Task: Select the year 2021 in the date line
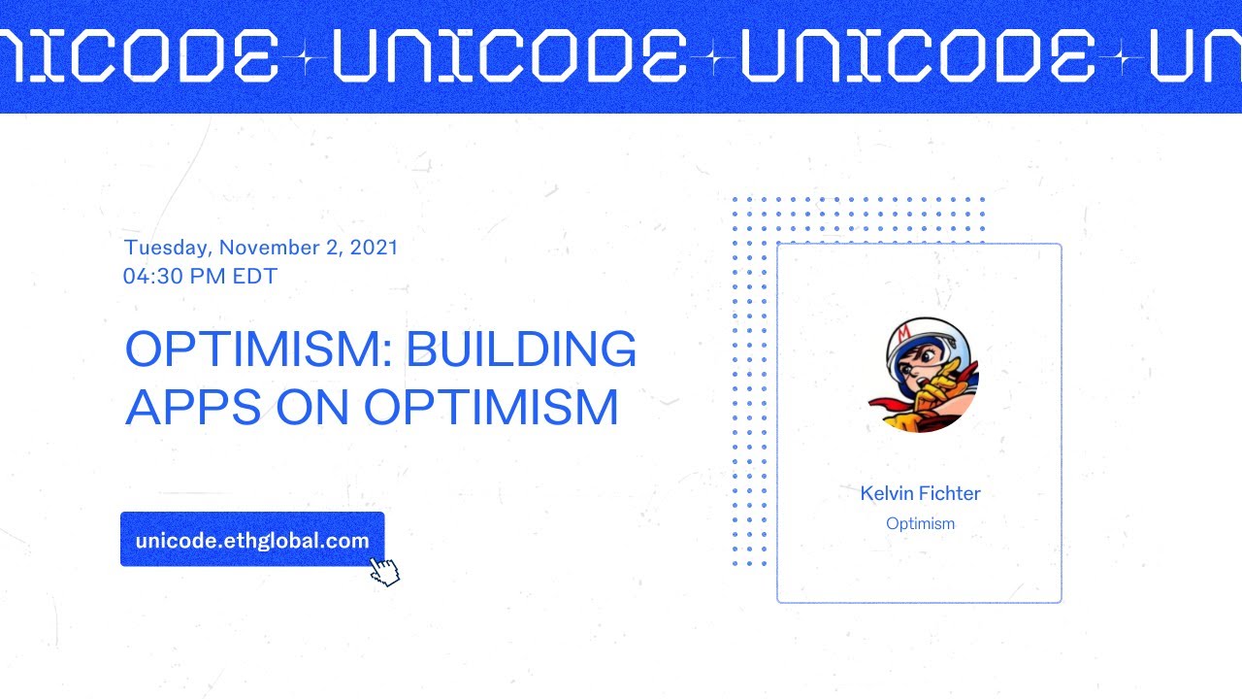click(374, 248)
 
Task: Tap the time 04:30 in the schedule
click(152, 277)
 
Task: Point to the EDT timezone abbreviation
click(254, 277)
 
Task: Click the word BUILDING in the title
click(521, 349)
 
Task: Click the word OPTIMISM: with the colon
click(259, 349)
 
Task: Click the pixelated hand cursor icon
click(385, 572)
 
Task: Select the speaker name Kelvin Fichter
click(920, 493)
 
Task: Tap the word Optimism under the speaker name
click(920, 524)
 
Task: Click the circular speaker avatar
click(931, 374)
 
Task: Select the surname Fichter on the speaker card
click(949, 493)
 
